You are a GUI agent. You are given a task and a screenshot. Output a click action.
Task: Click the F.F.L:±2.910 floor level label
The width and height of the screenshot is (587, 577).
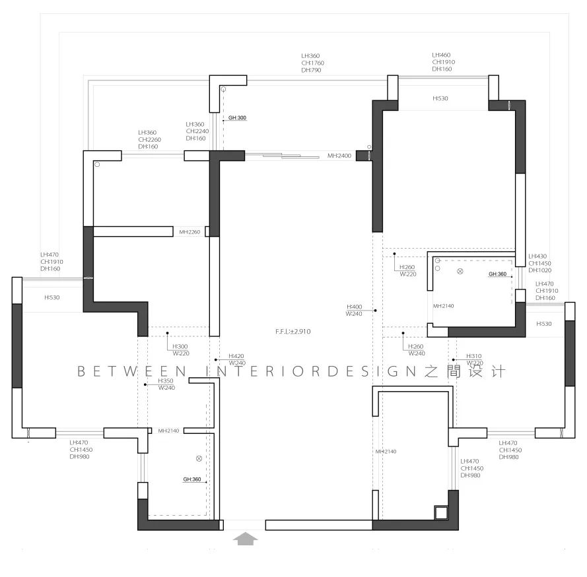(x=293, y=332)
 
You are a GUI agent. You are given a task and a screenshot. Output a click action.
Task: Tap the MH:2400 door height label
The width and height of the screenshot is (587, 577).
(x=339, y=156)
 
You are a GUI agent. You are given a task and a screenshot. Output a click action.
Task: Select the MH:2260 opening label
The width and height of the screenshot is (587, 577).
(x=190, y=232)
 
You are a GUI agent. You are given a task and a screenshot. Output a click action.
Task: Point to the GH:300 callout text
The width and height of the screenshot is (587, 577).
(x=237, y=118)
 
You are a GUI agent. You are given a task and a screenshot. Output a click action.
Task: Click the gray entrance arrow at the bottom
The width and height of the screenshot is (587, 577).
(x=246, y=538)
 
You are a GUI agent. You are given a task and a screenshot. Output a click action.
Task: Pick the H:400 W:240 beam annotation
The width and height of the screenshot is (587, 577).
(x=355, y=311)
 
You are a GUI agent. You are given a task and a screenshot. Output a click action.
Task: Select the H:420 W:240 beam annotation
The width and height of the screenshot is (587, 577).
(x=237, y=359)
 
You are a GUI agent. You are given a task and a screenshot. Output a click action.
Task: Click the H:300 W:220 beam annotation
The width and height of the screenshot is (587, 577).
(x=180, y=349)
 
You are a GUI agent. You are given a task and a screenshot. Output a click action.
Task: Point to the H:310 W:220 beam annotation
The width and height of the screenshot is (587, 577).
(x=475, y=359)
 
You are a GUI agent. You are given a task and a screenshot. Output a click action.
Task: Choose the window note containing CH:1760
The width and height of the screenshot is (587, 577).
(x=312, y=63)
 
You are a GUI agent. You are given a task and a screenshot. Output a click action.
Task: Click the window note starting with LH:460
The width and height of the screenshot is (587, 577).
(x=443, y=62)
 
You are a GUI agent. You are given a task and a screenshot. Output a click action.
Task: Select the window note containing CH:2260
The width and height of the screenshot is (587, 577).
(x=149, y=139)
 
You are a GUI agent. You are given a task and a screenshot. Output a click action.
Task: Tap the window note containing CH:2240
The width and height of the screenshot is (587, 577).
(x=197, y=131)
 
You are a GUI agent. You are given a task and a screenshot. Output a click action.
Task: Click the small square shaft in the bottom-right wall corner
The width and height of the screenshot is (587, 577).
(x=440, y=512)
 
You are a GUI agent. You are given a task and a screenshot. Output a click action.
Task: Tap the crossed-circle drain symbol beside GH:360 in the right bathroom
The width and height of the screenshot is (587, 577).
(x=460, y=272)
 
